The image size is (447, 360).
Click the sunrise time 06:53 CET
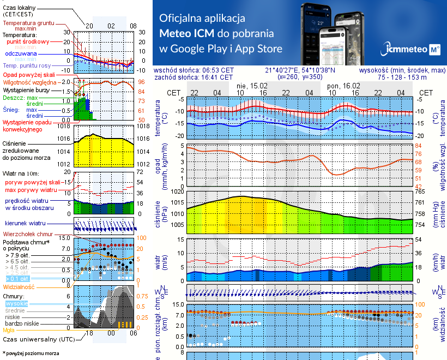tap(218, 70)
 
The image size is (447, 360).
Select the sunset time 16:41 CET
tap(218, 77)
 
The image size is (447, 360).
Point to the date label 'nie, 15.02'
tap(252, 86)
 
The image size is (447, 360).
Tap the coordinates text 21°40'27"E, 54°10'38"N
tap(300, 70)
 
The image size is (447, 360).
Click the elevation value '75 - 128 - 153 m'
tap(403, 77)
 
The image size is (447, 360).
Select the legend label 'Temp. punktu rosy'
tap(28, 65)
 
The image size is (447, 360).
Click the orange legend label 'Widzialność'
tap(19, 286)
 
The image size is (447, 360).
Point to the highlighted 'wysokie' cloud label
tap(16, 303)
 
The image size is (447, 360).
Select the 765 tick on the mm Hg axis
tap(420, 191)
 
